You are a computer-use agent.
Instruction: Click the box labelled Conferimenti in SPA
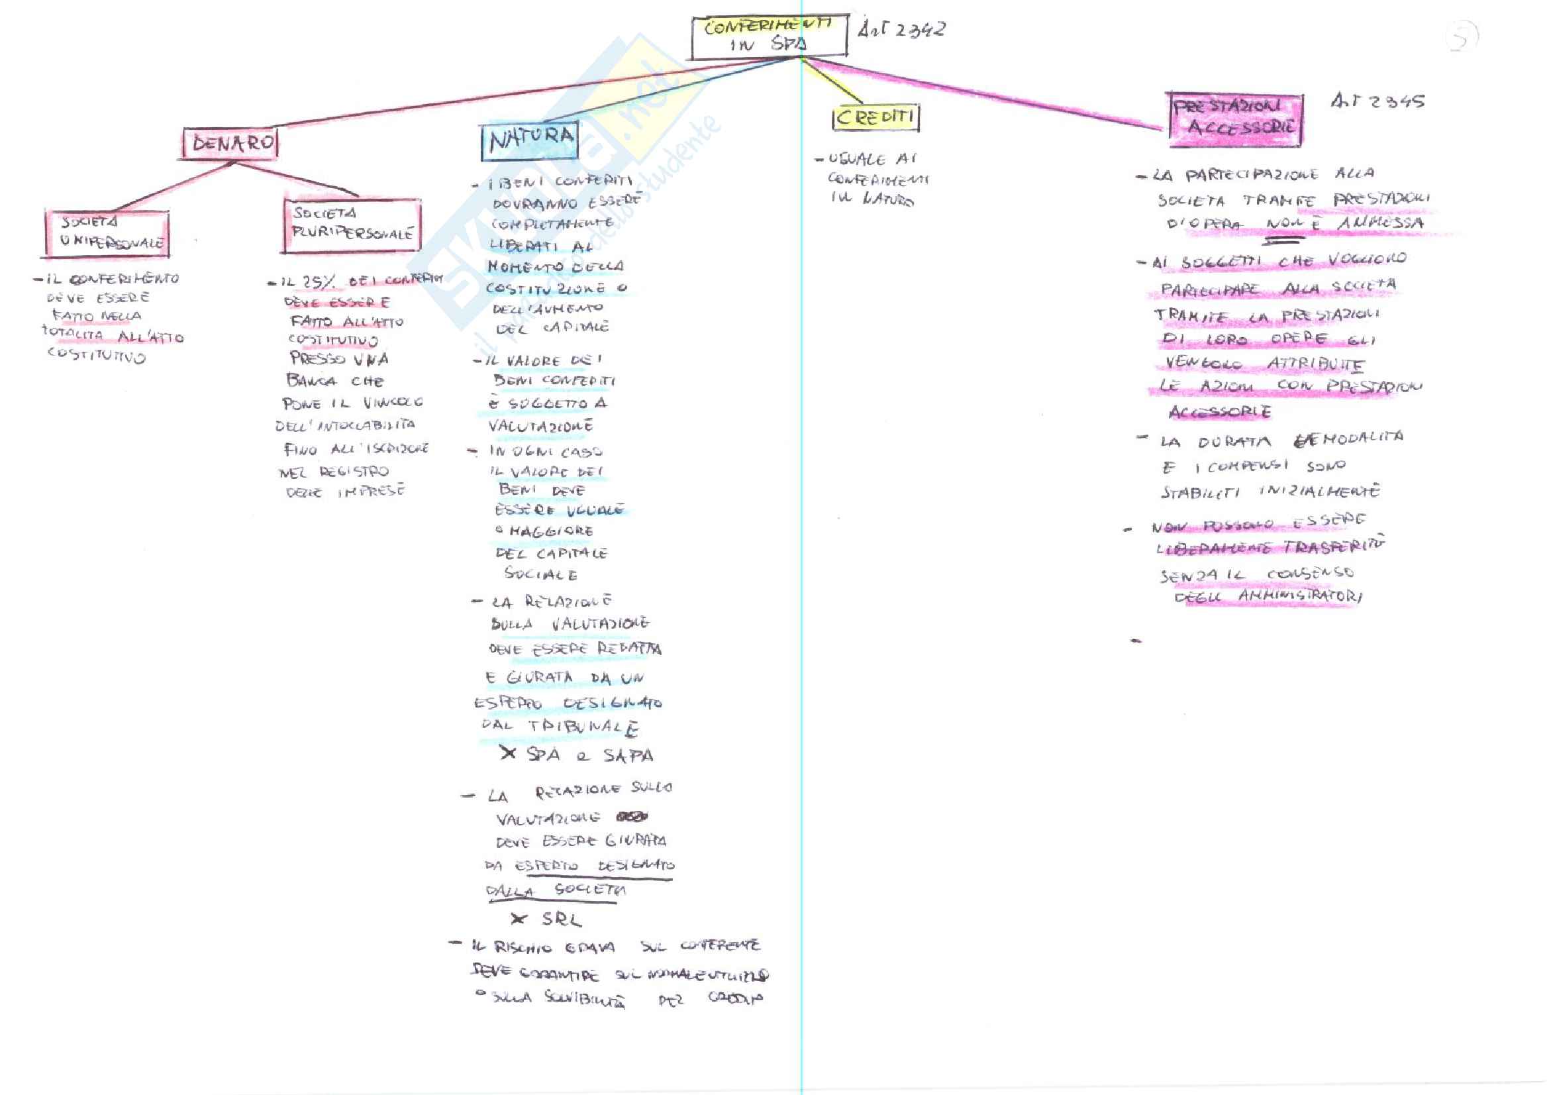[x=769, y=36]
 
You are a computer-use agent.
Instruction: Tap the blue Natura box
[x=530, y=140]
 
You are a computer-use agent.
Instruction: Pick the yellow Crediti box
[x=875, y=117]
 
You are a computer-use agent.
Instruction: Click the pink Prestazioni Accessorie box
[x=1236, y=119]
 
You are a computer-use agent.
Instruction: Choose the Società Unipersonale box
[x=108, y=233]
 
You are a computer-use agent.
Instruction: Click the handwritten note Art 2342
[x=901, y=30]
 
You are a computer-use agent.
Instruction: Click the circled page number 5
[x=1462, y=37]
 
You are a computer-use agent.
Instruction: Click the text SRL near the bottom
[x=561, y=918]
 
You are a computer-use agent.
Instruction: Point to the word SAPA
[x=628, y=755]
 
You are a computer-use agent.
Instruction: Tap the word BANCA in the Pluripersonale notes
[x=311, y=380]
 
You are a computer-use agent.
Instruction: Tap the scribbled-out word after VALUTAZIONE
[x=631, y=817]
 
